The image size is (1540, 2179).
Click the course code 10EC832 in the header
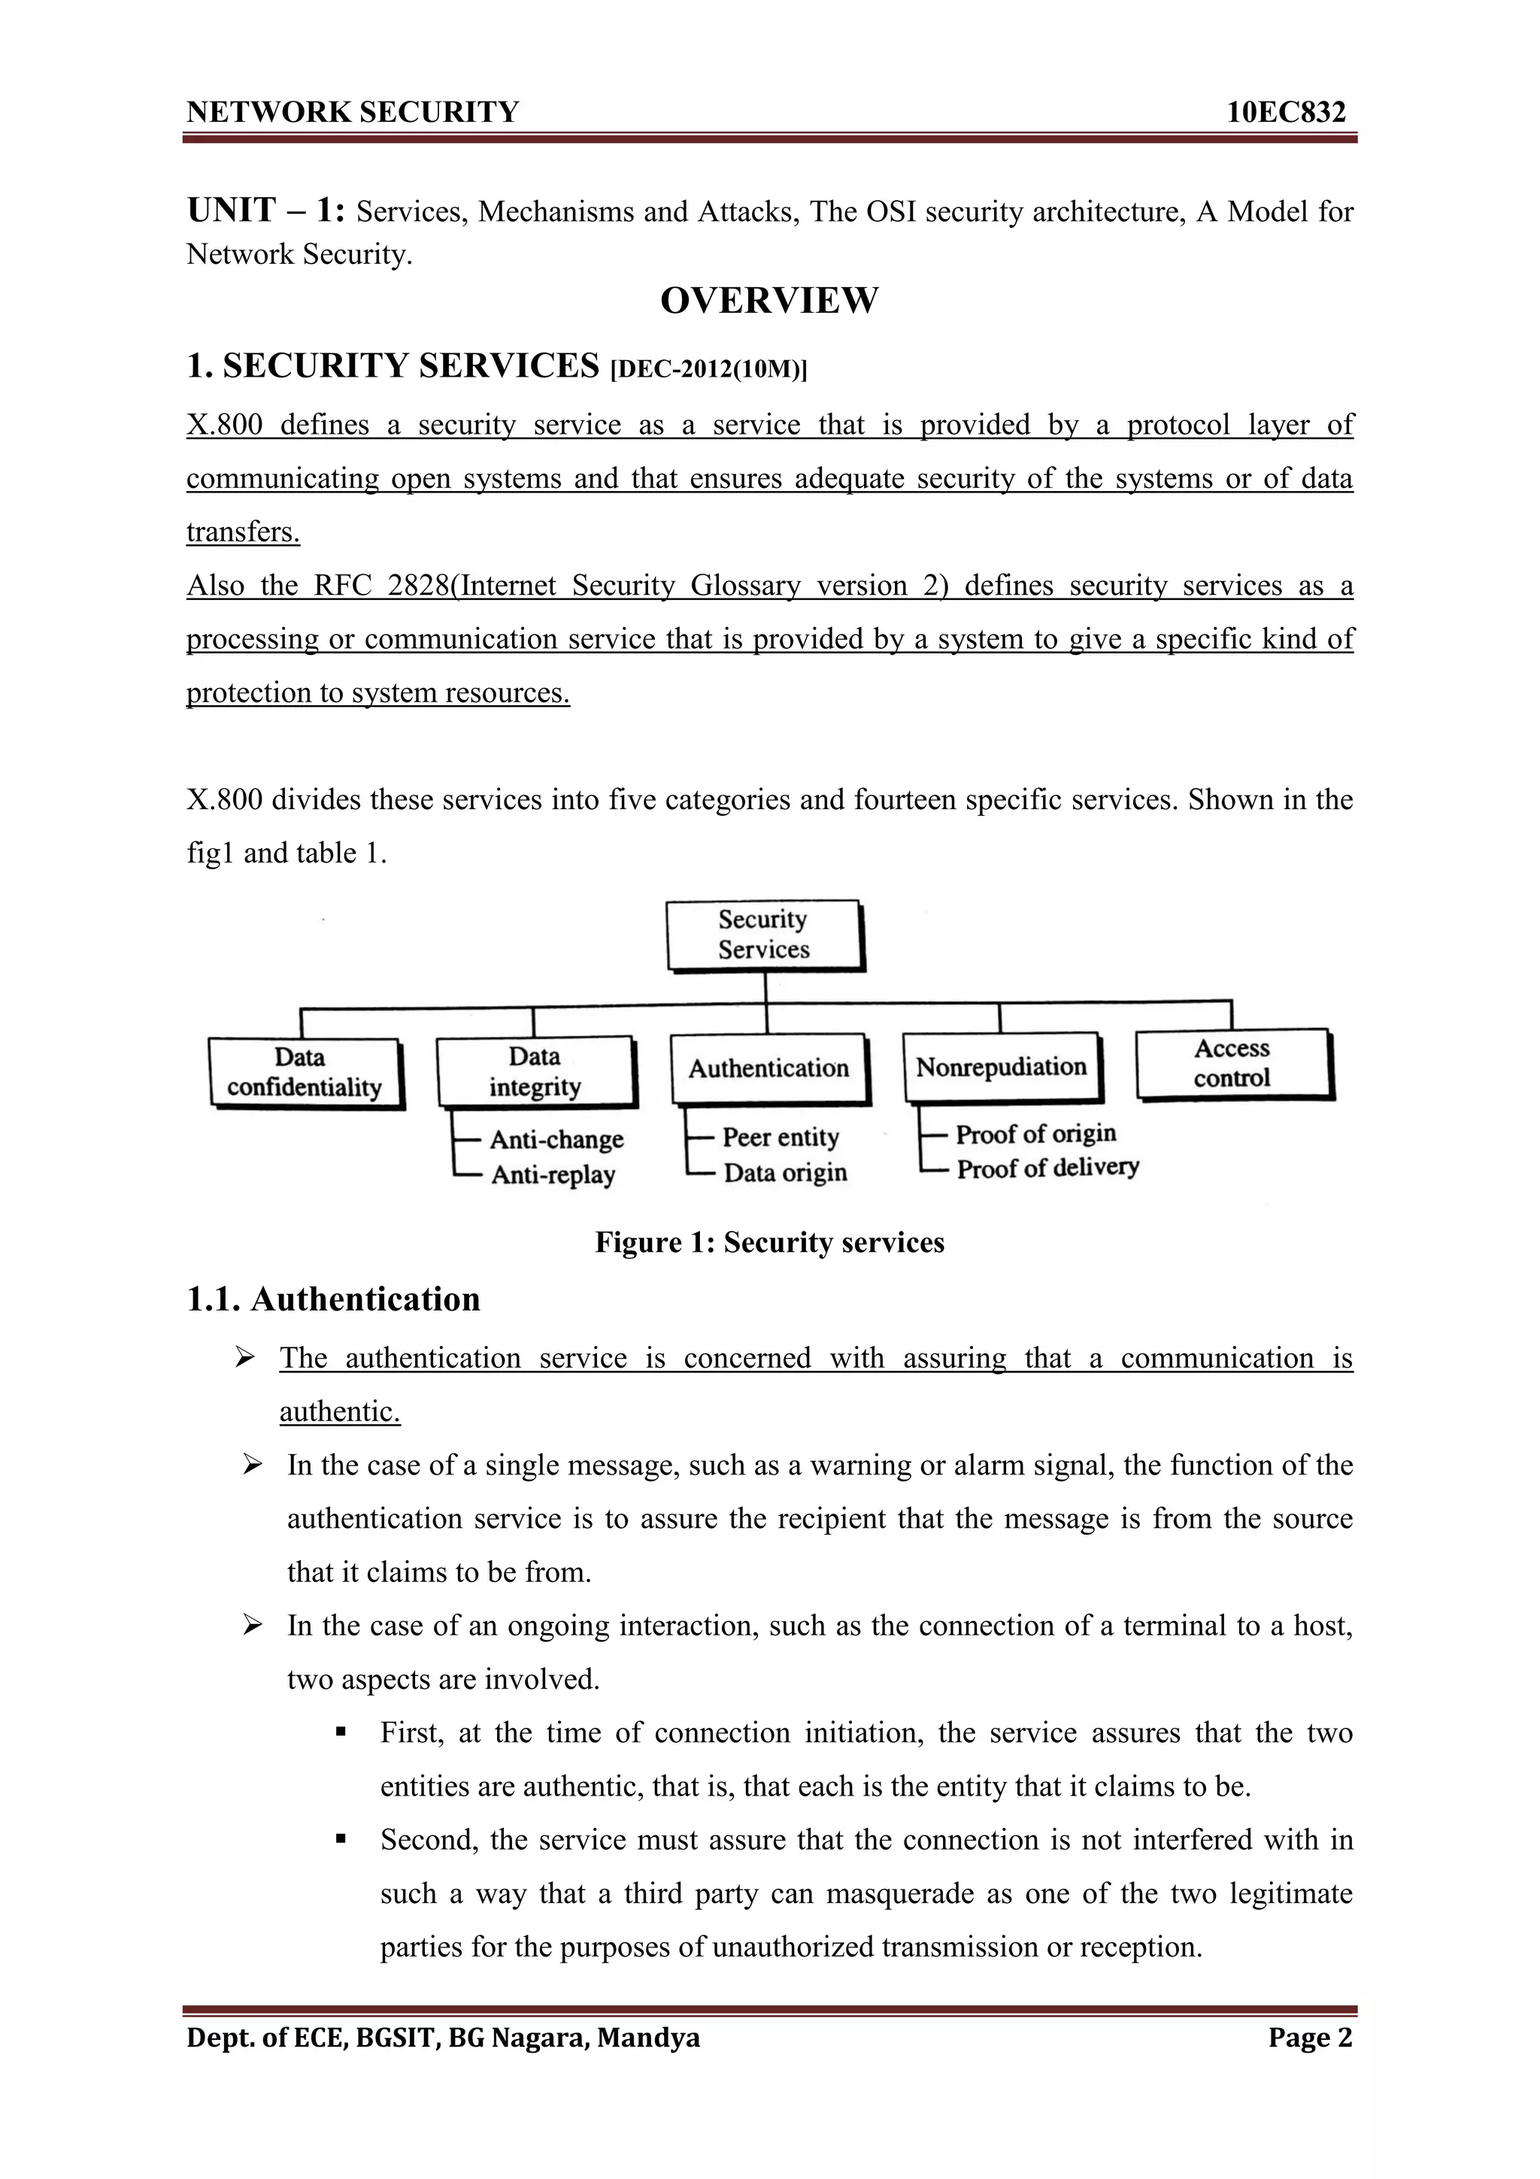coord(1286,113)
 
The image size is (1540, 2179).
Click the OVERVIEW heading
coord(768,301)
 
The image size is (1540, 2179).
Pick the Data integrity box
coord(535,1071)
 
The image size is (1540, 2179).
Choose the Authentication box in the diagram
coord(768,1068)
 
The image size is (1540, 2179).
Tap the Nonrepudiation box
coord(1001,1067)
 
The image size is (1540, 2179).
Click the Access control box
coord(1232,1063)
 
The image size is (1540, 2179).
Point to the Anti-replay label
coord(553,1175)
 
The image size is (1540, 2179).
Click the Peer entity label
coord(780,1137)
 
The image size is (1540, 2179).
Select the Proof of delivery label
coord(1047,1168)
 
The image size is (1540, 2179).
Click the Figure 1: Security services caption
coord(769,1242)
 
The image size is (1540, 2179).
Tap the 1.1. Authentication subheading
coord(333,1299)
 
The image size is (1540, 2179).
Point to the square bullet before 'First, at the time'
coord(341,1733)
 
